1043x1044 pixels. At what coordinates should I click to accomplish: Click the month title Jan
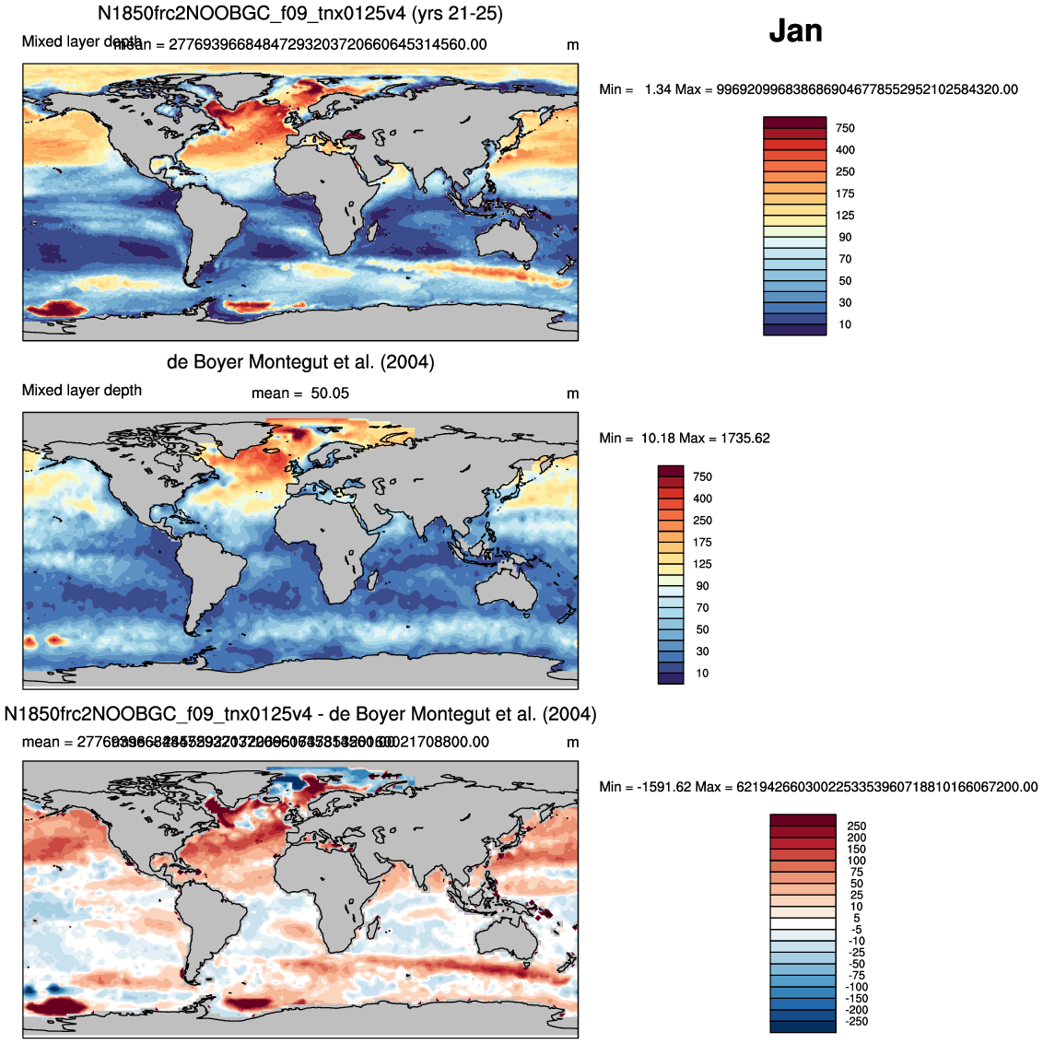coord(795,31)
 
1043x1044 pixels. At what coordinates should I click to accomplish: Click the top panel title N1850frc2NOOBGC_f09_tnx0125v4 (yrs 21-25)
coord(300,14)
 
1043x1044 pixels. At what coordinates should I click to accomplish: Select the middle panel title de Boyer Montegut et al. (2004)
coord(300,362)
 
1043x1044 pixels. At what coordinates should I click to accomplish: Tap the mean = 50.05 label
coord(300,393)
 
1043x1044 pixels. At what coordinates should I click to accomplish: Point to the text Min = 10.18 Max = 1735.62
coord(684,438)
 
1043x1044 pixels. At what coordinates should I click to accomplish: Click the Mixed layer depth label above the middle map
coord(82,391)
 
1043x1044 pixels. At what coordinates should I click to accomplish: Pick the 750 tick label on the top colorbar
coord(845,128)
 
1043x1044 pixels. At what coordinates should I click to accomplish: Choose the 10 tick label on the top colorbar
coord(845,324)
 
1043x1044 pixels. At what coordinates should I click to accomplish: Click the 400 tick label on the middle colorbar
coord(702,499)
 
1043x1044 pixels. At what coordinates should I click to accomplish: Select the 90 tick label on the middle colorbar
coord(702,586)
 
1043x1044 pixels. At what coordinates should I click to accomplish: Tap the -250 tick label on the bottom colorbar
coord(856,1021)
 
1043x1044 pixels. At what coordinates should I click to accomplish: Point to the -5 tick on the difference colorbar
coord(856,930)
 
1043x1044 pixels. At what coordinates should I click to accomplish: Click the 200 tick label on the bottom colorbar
coord(856,838)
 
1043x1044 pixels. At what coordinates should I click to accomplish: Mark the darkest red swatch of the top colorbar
coord(794,123)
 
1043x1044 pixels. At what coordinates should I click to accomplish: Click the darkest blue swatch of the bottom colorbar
coord(802,1026)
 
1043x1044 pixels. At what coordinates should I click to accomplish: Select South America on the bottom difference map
coord(207,912)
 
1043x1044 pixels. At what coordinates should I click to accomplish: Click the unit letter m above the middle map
coord(572,393)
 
